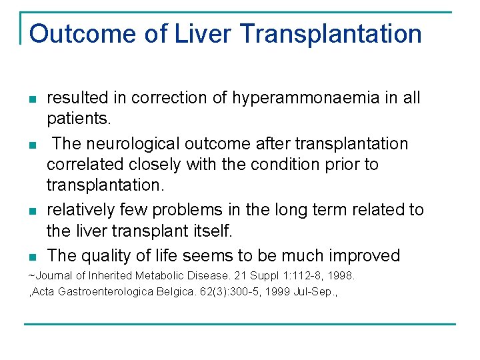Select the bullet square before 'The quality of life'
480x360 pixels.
pyautogui.click(x=32, y=257)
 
